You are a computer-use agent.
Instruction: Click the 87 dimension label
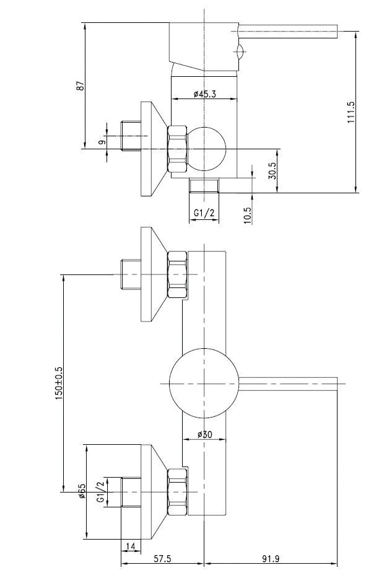(81, 85)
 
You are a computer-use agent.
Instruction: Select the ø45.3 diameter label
(205, 94)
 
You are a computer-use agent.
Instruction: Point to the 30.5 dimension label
(272, 170)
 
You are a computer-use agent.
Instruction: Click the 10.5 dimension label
(247, 215)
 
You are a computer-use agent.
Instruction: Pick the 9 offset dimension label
(102, 141)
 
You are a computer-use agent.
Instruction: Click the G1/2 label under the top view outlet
(204, 212)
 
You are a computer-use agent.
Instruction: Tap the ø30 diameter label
(205, 435)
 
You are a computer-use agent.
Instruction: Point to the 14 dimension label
(131, 546)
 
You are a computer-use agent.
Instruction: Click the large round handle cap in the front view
(204, 383)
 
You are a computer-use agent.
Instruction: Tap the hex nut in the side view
(178, 149)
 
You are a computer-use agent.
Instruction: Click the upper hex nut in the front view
(178, 274)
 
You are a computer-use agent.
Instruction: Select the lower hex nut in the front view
(178, 492)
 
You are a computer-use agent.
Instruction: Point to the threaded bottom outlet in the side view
(204, 185)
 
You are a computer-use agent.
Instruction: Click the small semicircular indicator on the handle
(240, 51)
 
